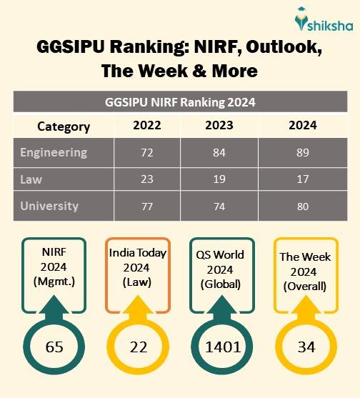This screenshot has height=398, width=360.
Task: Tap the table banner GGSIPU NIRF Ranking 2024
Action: click(x=180, y=102)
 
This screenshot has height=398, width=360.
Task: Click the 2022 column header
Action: click(x=146, y=126)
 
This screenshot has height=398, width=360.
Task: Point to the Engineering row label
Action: click(x=54, y=152)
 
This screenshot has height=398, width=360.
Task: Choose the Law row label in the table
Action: click(x=31, y=179)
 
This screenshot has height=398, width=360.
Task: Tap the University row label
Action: click(x=49, y=206)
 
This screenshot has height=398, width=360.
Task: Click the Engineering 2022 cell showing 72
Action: click(x=146, y=152)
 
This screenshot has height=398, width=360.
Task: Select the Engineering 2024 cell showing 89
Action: click(x=303, y=152)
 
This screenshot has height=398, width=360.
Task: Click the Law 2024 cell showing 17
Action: click(x=303, y=179)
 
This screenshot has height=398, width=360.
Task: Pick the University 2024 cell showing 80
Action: click(x=303, y=206)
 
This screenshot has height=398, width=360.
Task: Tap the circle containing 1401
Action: click(x=223, y=347)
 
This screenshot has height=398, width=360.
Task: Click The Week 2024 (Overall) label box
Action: click(x=304, y=269)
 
